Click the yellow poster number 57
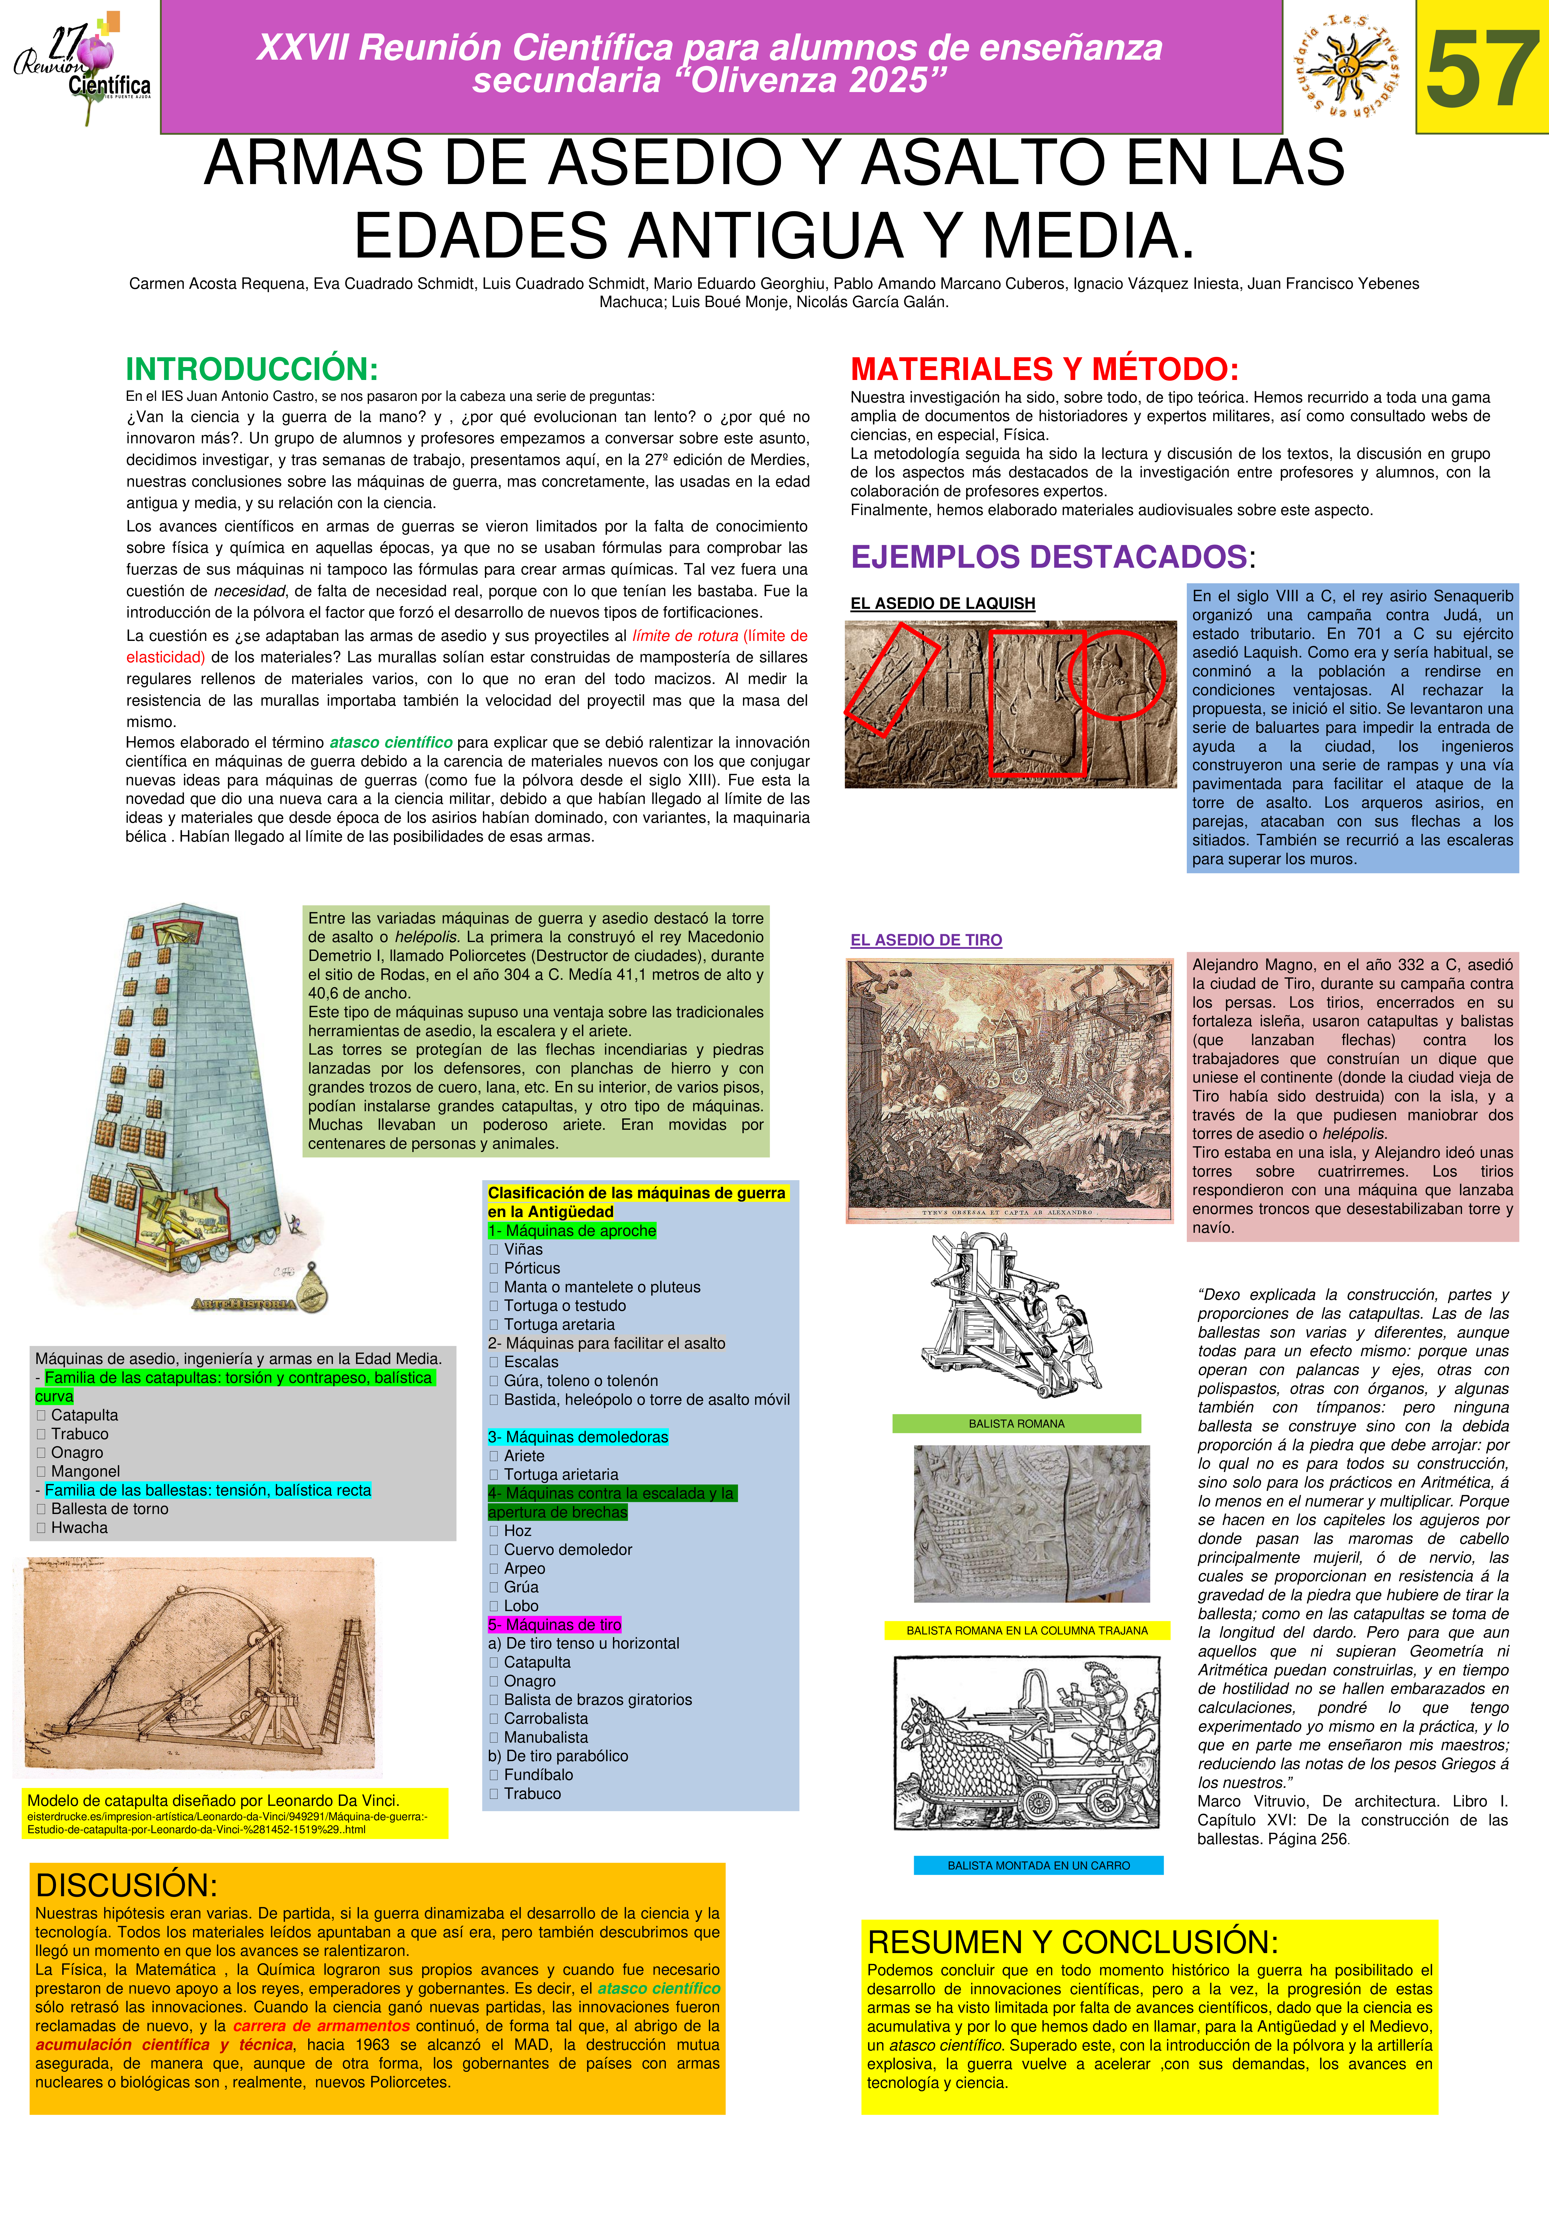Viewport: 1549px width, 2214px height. pos(1481,68)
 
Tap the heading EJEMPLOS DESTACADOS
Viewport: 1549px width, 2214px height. pos(1049,556)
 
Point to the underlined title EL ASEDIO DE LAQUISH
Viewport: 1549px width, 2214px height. pos(942,604)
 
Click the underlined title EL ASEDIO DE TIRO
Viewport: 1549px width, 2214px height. pos(925,940)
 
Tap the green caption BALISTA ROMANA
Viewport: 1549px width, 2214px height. pos(1016,1423)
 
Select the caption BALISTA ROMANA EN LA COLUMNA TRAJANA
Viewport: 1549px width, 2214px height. pos(1027,1631)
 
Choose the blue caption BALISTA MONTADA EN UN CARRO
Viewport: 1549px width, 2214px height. pos(1038,1866)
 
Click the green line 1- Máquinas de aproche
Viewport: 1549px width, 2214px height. pos(572,1231)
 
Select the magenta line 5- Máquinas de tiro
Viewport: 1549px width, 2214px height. pos(554,1625)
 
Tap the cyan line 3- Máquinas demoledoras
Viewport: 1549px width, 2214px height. pos(577,1437)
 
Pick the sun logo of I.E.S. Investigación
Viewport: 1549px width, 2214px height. pos(1347,68)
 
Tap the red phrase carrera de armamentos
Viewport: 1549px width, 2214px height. pos(321,2026)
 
